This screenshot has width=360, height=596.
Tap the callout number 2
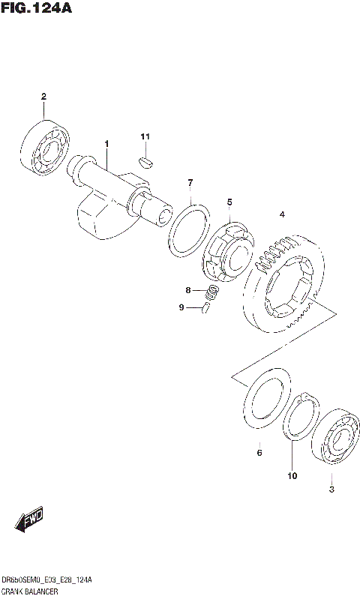[43, 97]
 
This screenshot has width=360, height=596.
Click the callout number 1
[106, 143]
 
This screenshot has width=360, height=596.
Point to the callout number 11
[145, 136]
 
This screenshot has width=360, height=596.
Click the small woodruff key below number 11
[146, 160]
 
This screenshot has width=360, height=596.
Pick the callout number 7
[190, 183]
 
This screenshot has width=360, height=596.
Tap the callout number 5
[229, 202]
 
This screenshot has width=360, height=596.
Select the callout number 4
[282, 215]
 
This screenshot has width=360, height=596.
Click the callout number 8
[190, 290]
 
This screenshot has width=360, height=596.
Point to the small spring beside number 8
[212, 292]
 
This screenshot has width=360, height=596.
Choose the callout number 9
[181, 307]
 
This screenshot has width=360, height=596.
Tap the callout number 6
[259, 453]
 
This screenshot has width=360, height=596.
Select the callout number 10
[292, 475]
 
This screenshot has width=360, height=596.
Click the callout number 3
[331, 490]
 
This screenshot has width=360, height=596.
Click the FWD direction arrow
[29, 519]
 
